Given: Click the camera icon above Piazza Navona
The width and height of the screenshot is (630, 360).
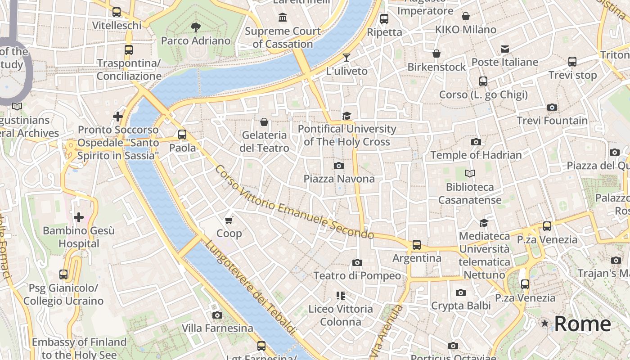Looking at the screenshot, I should (339, 166).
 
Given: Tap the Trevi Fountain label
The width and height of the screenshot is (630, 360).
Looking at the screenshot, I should (552, 121).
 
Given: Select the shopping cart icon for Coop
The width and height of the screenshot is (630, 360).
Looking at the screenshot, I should (229, 220).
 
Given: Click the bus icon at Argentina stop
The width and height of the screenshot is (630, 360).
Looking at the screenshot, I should (417, 245).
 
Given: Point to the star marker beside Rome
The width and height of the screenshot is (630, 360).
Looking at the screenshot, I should (545, 324).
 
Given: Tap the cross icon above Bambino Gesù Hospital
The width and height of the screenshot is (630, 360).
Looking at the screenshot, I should (79, 218).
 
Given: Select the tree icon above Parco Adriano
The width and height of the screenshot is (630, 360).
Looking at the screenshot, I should (195, 27).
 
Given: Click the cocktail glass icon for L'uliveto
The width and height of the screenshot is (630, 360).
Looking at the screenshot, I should (346, 58).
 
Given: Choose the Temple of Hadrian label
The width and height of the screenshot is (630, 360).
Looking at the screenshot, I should (476, 155).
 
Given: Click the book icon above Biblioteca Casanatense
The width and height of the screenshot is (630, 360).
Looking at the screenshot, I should (469, 173).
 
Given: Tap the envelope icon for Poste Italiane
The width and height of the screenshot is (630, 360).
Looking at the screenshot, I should (505, 49).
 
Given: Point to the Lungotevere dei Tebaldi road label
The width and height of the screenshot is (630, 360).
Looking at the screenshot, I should (250, 288).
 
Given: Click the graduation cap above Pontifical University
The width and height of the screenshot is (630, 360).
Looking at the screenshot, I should (346, 116).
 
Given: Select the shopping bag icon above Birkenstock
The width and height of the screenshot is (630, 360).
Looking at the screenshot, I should (436, 54).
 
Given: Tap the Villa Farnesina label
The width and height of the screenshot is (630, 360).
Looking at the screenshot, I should (217, 328).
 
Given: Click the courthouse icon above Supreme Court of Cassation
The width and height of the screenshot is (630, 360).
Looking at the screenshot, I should (283, 18).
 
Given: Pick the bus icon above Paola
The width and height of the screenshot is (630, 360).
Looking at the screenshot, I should (182, 134).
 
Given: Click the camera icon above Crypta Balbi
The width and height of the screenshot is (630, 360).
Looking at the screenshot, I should (460, 292).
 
